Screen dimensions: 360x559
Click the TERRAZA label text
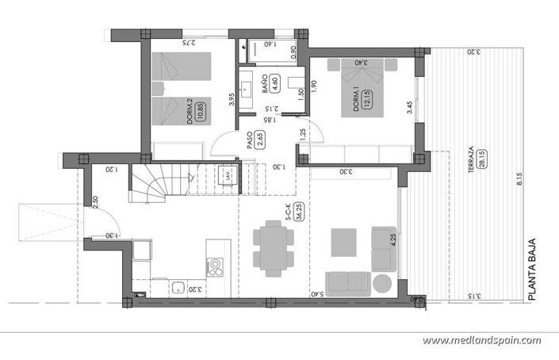471,155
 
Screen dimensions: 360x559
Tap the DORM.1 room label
357,101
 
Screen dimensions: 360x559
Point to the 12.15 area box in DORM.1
367,101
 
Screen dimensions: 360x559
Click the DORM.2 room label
190,111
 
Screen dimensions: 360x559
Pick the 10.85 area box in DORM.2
201,111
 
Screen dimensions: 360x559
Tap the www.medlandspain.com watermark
481,340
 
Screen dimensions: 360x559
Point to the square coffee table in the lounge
343,242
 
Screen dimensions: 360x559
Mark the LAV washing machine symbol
228,174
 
